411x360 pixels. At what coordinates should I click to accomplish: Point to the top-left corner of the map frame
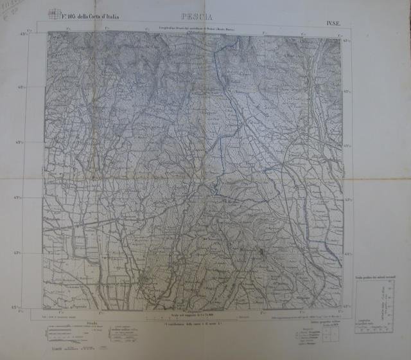[x=46, y=33]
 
